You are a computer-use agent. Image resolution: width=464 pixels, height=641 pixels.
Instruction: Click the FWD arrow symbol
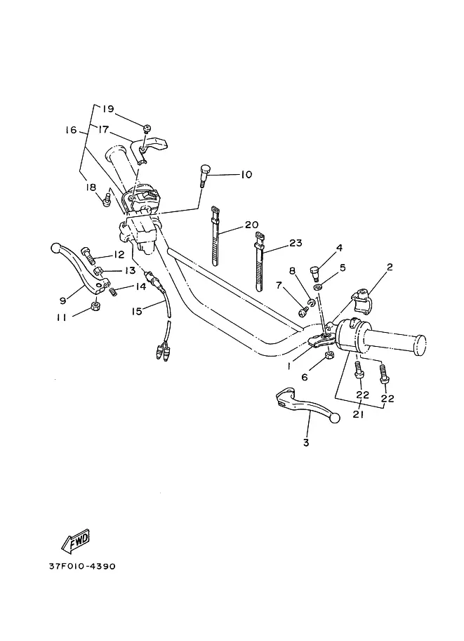click(x=76, y=541)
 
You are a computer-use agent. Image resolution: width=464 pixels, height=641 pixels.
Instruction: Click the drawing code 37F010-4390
click(x=82, y=566)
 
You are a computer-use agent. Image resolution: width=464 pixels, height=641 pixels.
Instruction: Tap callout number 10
click(x=246, y=175)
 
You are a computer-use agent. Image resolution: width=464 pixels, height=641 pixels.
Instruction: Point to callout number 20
click(x=252, y=225)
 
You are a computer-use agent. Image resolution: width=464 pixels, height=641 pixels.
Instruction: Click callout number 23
click(x=295, y=243)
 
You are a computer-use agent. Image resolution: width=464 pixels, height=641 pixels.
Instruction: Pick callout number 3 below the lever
click(x=306, y=442)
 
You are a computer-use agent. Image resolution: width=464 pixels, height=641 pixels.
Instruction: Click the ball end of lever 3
click(x=336, y=418)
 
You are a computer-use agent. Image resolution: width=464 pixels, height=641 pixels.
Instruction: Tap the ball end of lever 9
click(x=55, y=248)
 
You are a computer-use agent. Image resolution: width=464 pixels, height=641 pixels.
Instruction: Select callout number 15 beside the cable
click(x=136, y=312)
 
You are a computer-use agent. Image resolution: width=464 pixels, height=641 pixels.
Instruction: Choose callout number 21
click(x=359, y=414)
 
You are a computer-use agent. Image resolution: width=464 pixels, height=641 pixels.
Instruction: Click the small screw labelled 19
click(x=147, y=128)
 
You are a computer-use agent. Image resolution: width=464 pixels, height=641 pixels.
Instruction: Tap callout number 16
click(x=71, y=130)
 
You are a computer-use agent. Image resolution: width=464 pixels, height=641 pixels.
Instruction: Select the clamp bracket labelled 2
click(x=362, y=300)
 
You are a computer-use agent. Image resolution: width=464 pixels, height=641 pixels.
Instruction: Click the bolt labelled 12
click(x=88, y=256)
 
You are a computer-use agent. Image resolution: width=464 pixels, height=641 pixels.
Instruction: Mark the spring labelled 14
click(x=113, y=291)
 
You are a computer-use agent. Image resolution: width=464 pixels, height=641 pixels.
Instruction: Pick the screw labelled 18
click(x=107, y=199)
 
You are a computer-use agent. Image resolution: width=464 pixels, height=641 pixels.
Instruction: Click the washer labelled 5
click(x=318, y=288)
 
